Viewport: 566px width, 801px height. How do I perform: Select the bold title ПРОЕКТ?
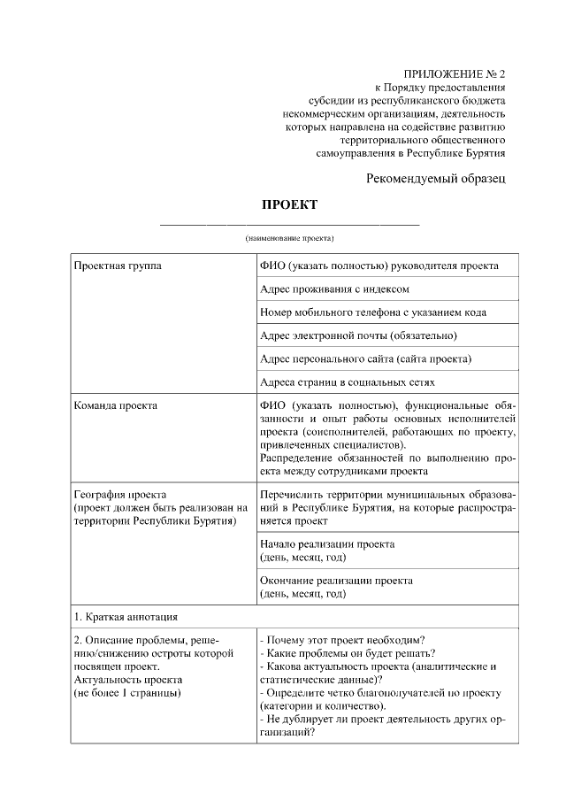pos(289,205)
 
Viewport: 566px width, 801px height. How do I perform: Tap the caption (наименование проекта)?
pos(289,239)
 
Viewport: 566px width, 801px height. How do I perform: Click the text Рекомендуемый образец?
pos(436,179)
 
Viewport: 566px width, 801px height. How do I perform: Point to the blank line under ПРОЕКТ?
pos(289,224)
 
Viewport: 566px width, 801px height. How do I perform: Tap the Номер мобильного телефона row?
pos(372,312)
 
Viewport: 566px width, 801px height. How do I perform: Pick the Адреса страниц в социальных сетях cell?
pos(347,382)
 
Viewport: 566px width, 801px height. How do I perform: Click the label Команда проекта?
pos(116,405)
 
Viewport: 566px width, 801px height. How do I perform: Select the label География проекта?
pos(119,494)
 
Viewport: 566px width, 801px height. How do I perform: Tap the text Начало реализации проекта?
pos(326,543)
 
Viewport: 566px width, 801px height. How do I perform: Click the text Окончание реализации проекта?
pos(336,581)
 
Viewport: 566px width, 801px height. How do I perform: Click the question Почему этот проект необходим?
pos(344,640)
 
